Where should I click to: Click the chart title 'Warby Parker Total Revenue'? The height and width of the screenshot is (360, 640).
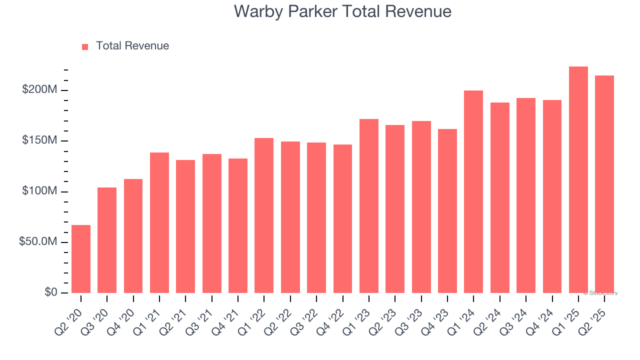click(x=342, y=11)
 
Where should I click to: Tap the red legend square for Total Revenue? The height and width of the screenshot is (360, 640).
click(x=85, y=46)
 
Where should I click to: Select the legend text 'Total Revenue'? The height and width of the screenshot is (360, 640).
click(x=132, y=46)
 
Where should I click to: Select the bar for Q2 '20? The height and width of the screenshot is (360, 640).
click(x=81, y=259)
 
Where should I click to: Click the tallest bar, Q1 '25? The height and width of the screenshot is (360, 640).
click(x=578, y=180)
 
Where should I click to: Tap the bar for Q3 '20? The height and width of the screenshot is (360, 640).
click(x=107, y=240)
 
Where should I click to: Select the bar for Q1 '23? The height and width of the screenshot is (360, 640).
click(x=369, y=206)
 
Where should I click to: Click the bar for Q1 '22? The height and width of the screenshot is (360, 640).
click(x=264, y=215)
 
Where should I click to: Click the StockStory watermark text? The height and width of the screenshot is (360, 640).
click(x=600, y=293)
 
